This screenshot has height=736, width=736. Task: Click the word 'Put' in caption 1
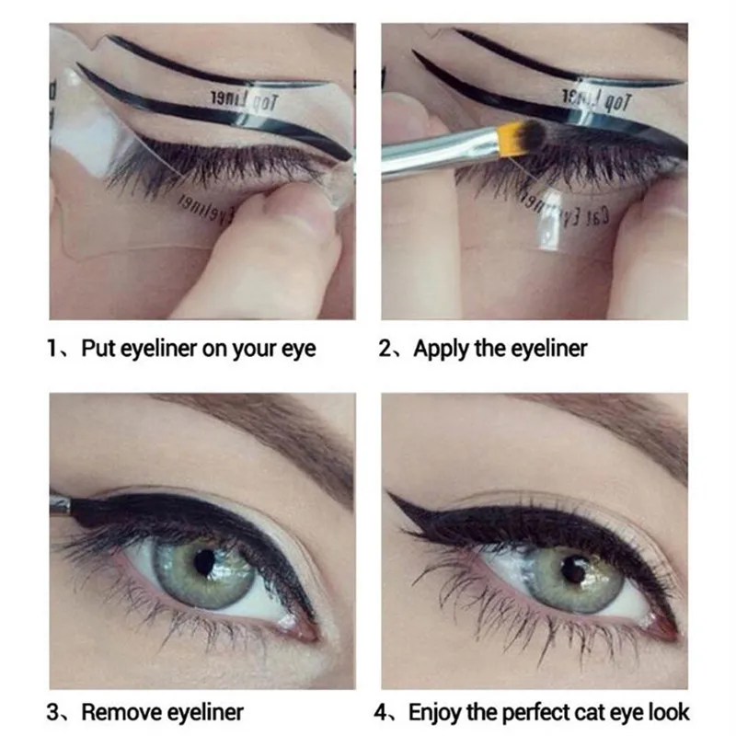100,349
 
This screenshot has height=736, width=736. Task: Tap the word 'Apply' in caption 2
438,349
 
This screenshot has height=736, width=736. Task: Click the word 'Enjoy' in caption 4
434,711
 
